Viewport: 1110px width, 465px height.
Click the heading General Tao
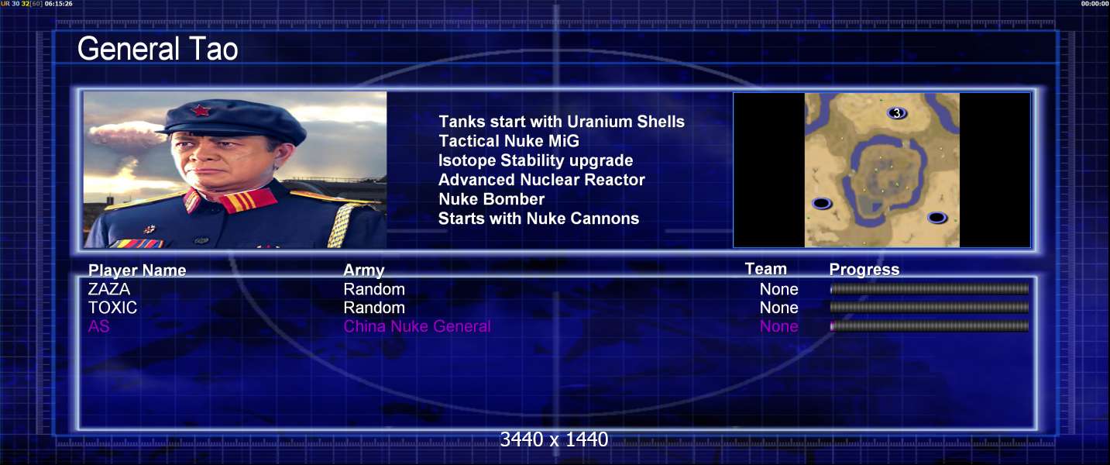coord(157,49)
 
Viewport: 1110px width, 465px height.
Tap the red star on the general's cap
coord(201,110)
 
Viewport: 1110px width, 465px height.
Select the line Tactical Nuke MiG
coord(509,141)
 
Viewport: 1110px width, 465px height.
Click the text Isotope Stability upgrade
coord(536,160)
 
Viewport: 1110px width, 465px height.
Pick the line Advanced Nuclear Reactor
coord(541,180)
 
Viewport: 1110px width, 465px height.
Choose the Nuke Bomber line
coord(492,199)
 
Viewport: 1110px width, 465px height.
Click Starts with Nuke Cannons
coord(538,219)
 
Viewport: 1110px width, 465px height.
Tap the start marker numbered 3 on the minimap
coord(896,113)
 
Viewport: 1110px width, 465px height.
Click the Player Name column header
coord(137,270)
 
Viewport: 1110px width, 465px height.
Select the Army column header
coord(364,270)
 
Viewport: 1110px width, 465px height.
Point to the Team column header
coord(765,269)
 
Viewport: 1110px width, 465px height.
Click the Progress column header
coord(864,269)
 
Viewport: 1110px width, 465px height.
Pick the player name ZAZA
coord(109,289)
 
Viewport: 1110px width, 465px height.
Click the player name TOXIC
coord(112,308)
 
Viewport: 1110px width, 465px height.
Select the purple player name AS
coord(98,326)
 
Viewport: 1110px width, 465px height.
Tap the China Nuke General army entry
coord(418,326)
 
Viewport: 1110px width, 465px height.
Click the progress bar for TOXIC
coord(930,308)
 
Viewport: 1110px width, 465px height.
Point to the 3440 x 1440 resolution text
coord(554,439)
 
